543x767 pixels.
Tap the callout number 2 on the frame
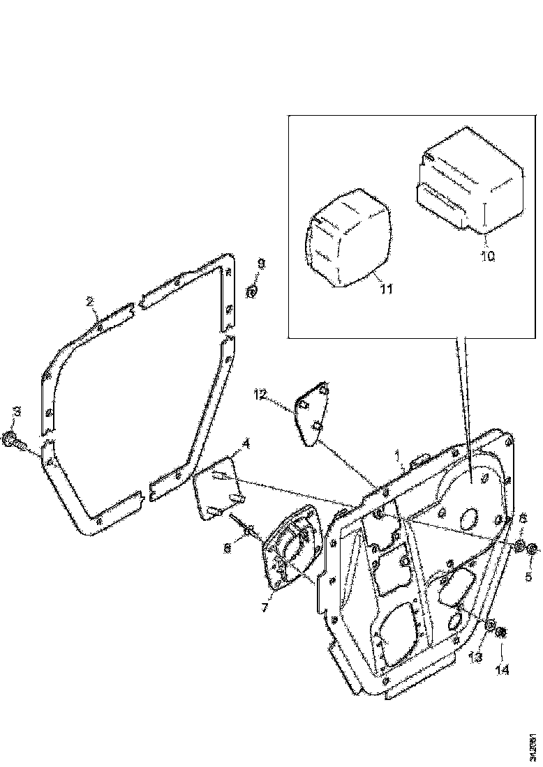(x=90, y=302)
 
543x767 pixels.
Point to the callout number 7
(x=265, y=607)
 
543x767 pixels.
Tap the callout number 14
(x=502, y=669)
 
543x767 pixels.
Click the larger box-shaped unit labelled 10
(x=471, y=185)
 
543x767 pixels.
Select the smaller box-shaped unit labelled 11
(x=348, y=237)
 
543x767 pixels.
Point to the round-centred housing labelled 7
(x=290, y=551)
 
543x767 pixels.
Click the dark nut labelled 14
(x=502, y=633)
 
